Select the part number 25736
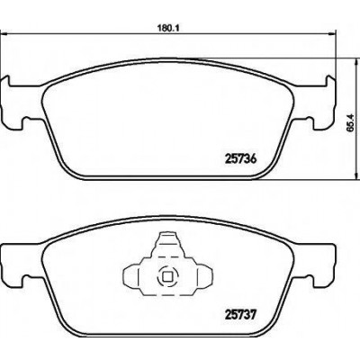tap(240, 159)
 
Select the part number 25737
tap(240, 315)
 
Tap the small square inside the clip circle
tap(166, 276)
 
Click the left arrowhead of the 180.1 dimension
tap(3, 34)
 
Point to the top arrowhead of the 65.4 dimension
tap(356, 62)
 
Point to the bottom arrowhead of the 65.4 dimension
tap(356, 176)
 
